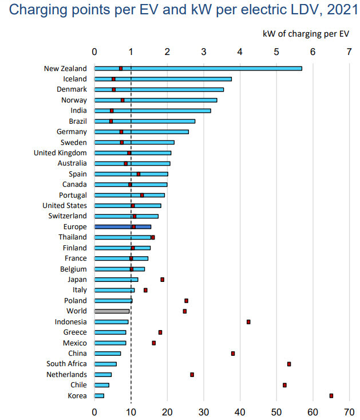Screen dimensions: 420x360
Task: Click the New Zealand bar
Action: [x=197, y=68]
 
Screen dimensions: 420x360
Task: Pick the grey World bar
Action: [x=112, y=311]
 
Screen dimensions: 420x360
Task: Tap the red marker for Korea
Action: [x=331, y=395]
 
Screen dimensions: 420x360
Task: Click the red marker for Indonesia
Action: [x=248, y=322]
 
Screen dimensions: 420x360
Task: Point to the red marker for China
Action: [x=233, y=354]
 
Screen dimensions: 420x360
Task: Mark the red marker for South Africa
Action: [x=289, y=364]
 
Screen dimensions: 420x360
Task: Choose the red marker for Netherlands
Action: [x=192, y=375]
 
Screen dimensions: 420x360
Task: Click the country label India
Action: [x=78, y=111]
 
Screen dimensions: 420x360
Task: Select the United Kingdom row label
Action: [x=60, y=153]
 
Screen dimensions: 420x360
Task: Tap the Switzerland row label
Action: [x=68, y=216]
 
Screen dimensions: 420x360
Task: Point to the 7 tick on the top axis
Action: [x=349, y=52]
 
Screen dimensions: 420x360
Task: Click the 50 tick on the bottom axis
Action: [x=276, y=411]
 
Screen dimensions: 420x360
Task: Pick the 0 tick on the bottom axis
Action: [x=94, y=411]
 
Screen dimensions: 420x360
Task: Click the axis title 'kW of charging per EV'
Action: [x=306, y=33]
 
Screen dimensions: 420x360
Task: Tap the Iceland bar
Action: [x=163, y=79]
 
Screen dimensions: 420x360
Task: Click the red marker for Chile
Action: [x=284, y=385]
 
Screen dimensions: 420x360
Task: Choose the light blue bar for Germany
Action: [x=141, y=132]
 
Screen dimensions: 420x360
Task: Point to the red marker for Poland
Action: [x=186, y=301]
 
